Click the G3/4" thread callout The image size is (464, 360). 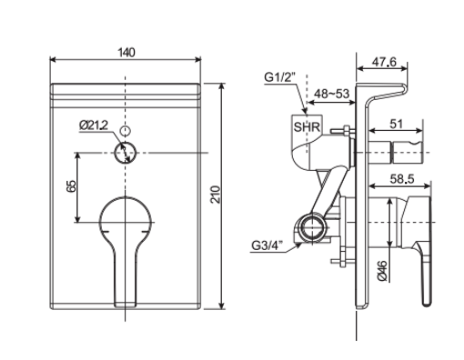268,244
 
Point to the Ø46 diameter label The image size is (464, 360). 383,269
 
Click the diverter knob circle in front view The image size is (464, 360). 126,152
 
